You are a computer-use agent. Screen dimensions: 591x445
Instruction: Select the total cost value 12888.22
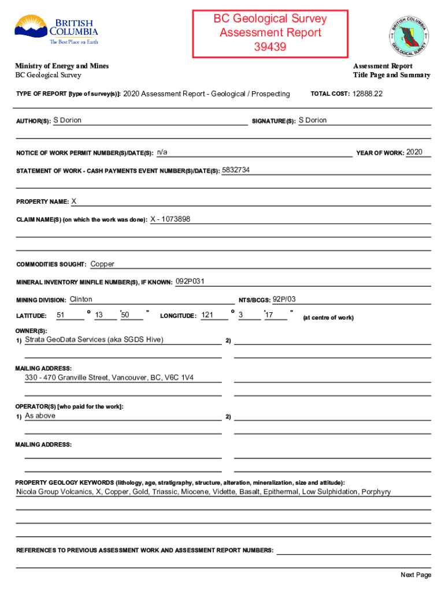click(x=368, y=93)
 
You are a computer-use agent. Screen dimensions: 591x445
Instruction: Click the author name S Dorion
click(x=67, y=120)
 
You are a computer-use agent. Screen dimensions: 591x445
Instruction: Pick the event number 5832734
click(x=236, y=170)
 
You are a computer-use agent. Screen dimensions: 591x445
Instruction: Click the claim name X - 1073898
click(x=170, y=219)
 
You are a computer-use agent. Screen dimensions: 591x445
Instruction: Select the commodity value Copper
click(x=102, y=264)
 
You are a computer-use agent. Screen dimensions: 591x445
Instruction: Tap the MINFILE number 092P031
click(x=190, y=281)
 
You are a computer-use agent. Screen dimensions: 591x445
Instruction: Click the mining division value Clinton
click(x=81, y=299)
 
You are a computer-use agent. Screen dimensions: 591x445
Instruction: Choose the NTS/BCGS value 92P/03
click(x=284, y=299)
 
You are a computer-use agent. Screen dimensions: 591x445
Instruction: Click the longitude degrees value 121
click(x=207, y=315)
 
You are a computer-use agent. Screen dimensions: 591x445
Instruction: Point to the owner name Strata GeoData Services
click(x=94, y=339)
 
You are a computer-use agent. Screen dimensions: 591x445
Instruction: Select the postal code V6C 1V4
click(x=179, y=377)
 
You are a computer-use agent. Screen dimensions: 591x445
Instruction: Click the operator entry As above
click(x=40, y=416)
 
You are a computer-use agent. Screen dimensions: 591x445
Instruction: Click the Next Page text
click(x=416, y=575)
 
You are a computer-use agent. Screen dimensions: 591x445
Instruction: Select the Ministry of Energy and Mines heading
click(x=62, y=66)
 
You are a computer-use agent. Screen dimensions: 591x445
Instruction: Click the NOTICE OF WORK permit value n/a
click(x=162, y=152)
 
